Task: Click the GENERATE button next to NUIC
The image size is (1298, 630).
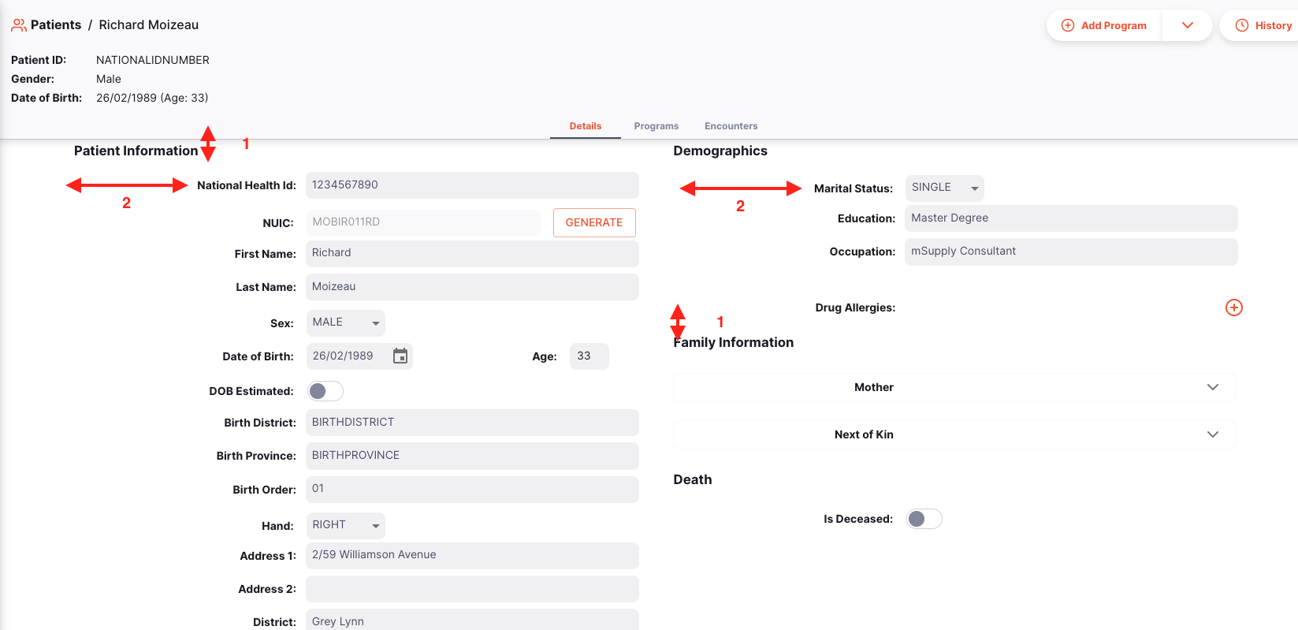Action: [594, 223]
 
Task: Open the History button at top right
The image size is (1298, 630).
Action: [1263, 25]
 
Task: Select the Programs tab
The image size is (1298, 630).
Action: [656, 126]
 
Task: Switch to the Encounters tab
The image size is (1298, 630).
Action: [731, 126]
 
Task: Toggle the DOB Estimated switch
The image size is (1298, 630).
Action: [325, 391]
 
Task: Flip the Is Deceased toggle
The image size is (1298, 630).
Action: [924, 519]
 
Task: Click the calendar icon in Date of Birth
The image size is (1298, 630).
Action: [400, 356]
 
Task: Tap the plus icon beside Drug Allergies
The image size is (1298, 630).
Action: [1233, 308]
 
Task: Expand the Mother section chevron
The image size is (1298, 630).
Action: [1212, 387]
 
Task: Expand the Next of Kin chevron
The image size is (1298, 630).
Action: [1212, 434]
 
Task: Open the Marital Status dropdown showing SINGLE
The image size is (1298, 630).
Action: [944, 188]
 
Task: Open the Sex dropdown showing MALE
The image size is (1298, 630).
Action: [345, 323]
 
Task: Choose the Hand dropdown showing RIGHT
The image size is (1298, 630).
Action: [345, 526]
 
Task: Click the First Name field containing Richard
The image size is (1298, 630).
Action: [471, 254]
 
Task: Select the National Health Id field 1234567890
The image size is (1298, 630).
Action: [471, 185]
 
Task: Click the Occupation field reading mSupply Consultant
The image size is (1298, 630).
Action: [1070, 252]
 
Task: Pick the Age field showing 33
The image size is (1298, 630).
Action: [589, 356]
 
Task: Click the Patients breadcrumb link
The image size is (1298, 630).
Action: [55, 25]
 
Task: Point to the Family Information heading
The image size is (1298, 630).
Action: [733, 342]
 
